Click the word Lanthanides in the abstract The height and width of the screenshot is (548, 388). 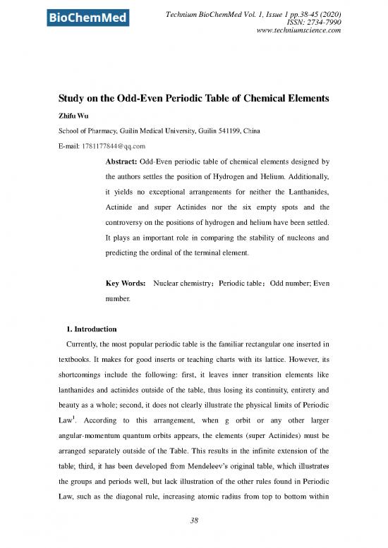307,198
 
